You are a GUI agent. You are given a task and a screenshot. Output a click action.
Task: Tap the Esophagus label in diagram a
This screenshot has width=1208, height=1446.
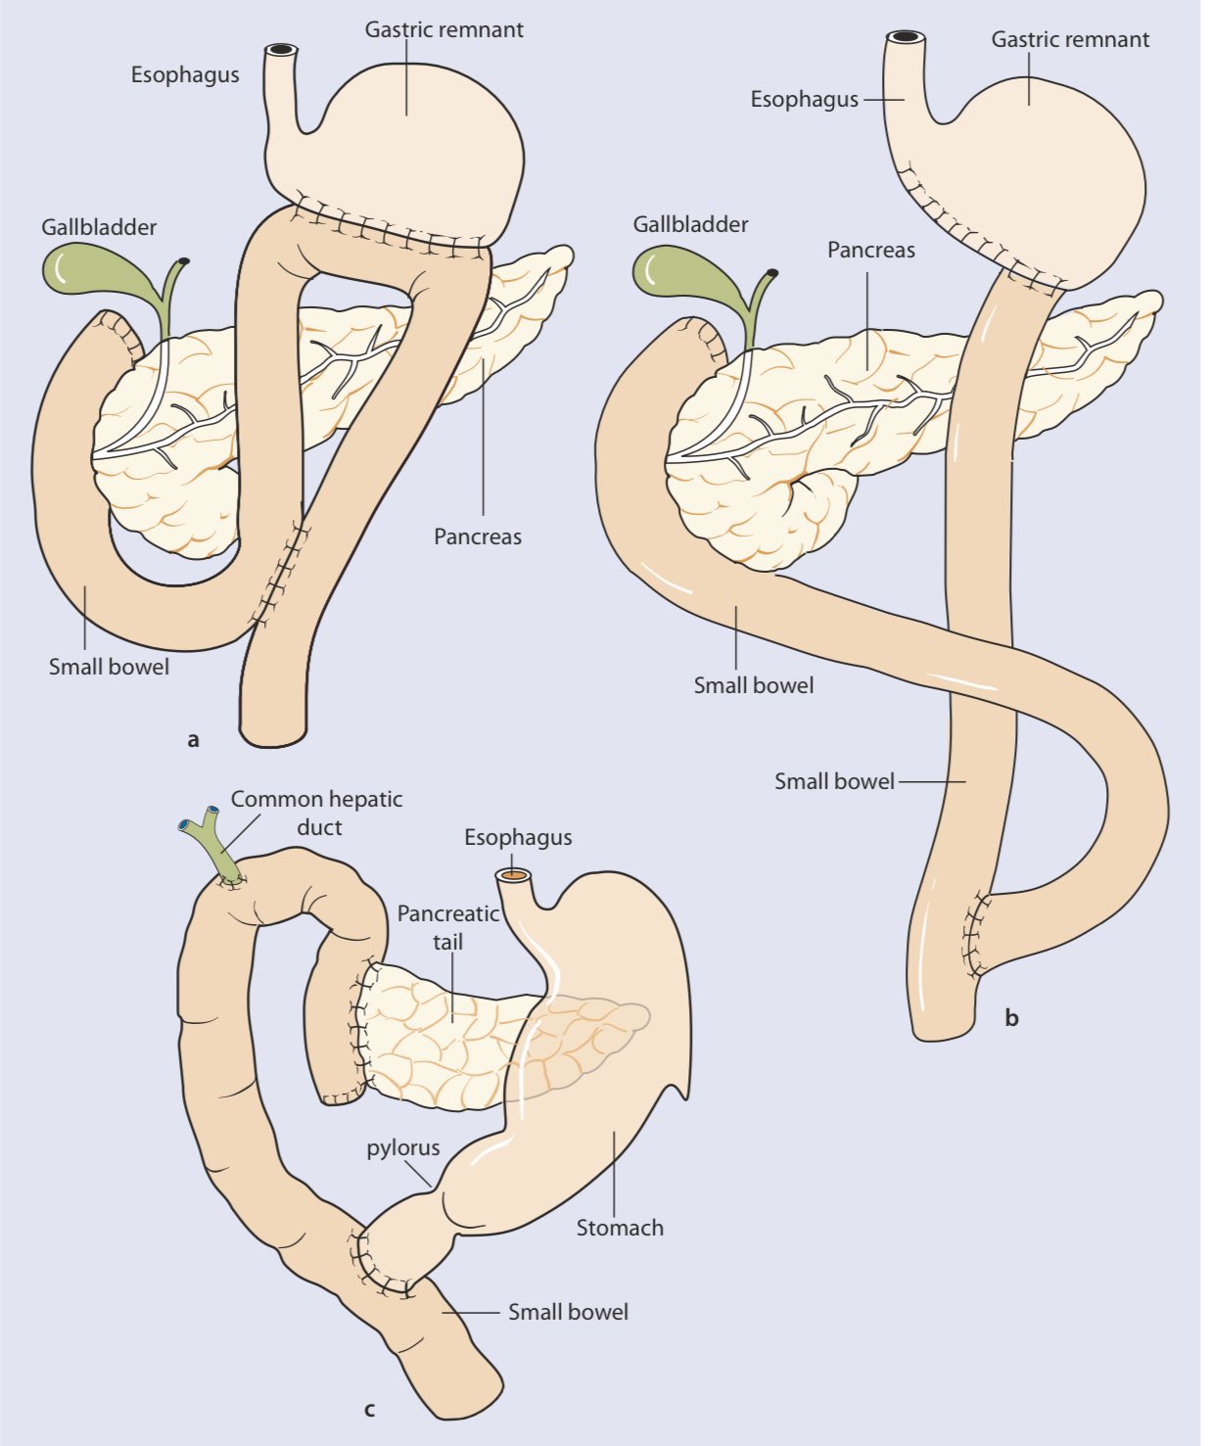coord(185,74)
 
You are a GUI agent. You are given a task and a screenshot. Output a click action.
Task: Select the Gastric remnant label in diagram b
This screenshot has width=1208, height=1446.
coord(1070,39)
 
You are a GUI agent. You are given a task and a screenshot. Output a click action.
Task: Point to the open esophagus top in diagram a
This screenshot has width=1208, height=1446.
coord(282,49)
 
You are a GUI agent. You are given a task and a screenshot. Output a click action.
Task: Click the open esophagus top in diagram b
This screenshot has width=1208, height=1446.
coord(906,37)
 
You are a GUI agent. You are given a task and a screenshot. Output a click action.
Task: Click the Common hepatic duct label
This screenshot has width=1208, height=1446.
coord(317,813)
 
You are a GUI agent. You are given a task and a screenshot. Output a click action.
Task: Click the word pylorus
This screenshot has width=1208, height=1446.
coord(403,1147)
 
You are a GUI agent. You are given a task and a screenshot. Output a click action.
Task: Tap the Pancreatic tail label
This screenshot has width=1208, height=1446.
coord(448,927)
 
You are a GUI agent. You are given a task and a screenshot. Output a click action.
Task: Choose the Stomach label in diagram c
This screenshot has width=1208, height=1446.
coord(620,1227)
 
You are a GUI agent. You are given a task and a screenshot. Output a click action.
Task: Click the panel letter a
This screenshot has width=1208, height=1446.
coord(193,740)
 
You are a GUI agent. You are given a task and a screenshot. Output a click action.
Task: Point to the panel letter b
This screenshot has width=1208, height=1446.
coord(1011,1018)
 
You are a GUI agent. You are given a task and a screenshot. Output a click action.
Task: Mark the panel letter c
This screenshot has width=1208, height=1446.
coord(369,1410)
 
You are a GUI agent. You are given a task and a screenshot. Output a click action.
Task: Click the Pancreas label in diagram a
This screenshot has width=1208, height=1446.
coord(478,536)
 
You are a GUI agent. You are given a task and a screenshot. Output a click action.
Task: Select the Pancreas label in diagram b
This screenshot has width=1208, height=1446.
coord(871,250)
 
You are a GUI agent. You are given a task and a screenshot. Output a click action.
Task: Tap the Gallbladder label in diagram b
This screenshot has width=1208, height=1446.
coord(690,224)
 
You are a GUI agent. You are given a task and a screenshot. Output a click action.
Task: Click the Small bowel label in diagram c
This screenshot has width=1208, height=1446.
coord(568,1312)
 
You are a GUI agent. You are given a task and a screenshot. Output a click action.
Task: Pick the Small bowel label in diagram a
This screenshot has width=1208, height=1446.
coord(109,667)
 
